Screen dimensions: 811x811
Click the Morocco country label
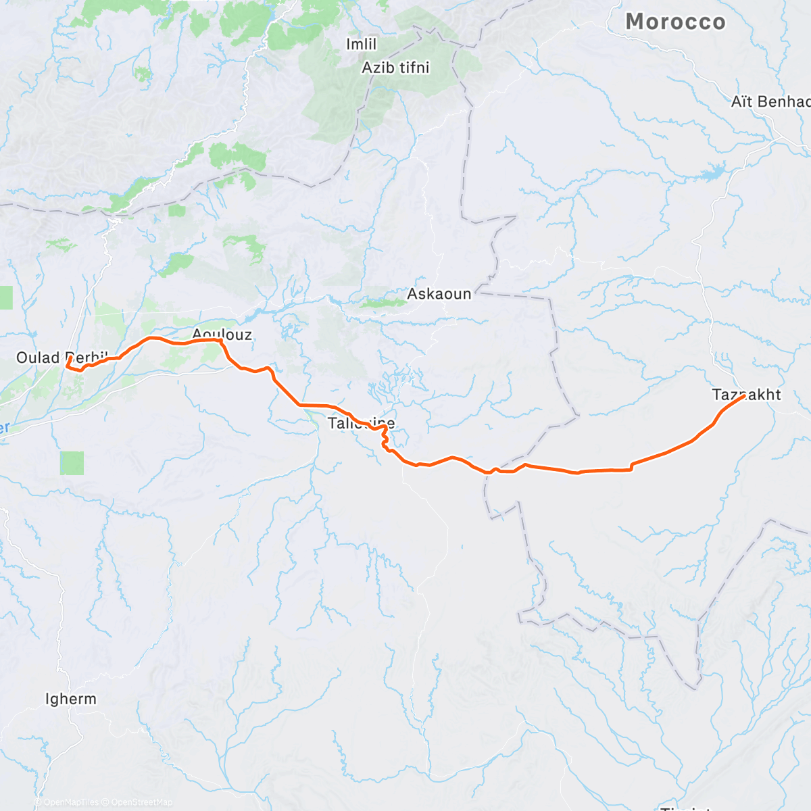(675, 22)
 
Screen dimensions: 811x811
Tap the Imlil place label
(361, 45)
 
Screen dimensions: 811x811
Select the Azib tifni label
(395, 68)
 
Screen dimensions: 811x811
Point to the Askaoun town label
(439, 294)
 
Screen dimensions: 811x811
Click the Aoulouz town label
(222, 334)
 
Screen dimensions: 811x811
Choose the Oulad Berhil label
(62, 357)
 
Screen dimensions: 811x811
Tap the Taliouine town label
(361, 424)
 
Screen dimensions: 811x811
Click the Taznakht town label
(746, 394)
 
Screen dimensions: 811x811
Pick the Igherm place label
(70, 699)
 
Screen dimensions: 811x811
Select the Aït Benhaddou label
(770, 101)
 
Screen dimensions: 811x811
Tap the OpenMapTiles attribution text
(71, 802)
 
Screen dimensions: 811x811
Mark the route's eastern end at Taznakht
(744, 397)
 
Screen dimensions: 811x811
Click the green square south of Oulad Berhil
(72, 463)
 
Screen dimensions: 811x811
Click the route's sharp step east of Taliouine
(631, 466)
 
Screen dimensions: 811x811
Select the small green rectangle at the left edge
(5, 297)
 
